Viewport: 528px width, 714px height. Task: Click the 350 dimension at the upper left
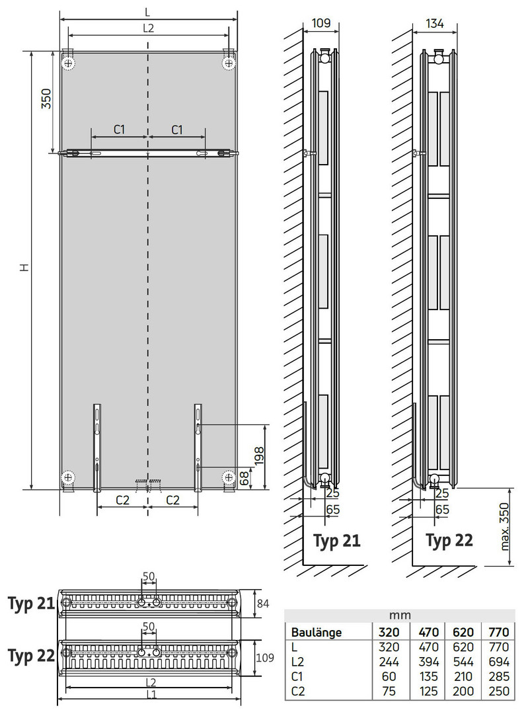(x=46, y=99)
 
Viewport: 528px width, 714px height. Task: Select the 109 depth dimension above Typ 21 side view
(x=321, y=22)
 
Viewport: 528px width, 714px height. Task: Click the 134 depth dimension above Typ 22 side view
(x=435, y=22)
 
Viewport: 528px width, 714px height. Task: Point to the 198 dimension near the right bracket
(x=259, y=456)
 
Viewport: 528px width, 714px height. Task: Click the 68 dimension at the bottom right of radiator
(x=245, y=478)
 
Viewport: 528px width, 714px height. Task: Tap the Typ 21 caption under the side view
(x=337, y=541)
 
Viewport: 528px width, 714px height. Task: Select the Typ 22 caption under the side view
(x=449, y=541)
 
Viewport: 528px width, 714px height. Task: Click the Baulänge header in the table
(x=317, y=633)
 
